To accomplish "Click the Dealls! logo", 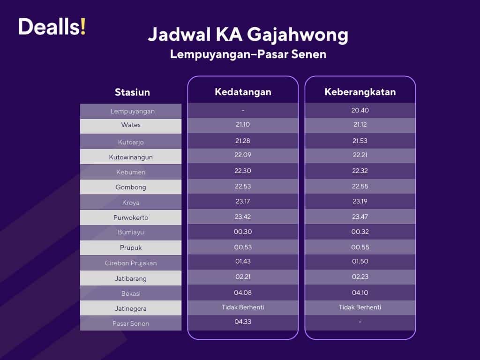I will [x=52, y=27].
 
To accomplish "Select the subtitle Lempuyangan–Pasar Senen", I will [x=248, y=54].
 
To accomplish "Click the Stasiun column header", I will [x=132, y=92].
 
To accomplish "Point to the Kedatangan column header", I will [x=243, y=92].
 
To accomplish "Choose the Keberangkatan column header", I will [x=360, y=92].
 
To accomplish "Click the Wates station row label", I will [x=131, y=125].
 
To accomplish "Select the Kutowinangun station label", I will [x=131, y=157].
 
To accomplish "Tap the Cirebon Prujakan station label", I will [x=131, y=263].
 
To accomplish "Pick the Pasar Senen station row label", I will [x=131, y=323].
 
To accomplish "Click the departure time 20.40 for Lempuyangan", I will [x=360, y=111].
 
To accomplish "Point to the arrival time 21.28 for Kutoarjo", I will [x=243, y=141].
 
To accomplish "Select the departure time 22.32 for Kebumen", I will [x=360, y=171].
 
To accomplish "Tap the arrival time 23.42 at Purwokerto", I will [x=243, y=217].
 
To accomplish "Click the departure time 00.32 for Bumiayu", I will [x=360, y=232].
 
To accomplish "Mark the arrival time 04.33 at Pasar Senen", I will [x=243, y=322].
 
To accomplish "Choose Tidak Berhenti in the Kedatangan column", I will [x=243, y=307].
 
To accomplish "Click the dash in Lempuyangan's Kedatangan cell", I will [x=243, y=111].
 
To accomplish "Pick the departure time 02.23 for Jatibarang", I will [x=360, y=277].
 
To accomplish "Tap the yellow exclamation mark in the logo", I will [x=83, y=27].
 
